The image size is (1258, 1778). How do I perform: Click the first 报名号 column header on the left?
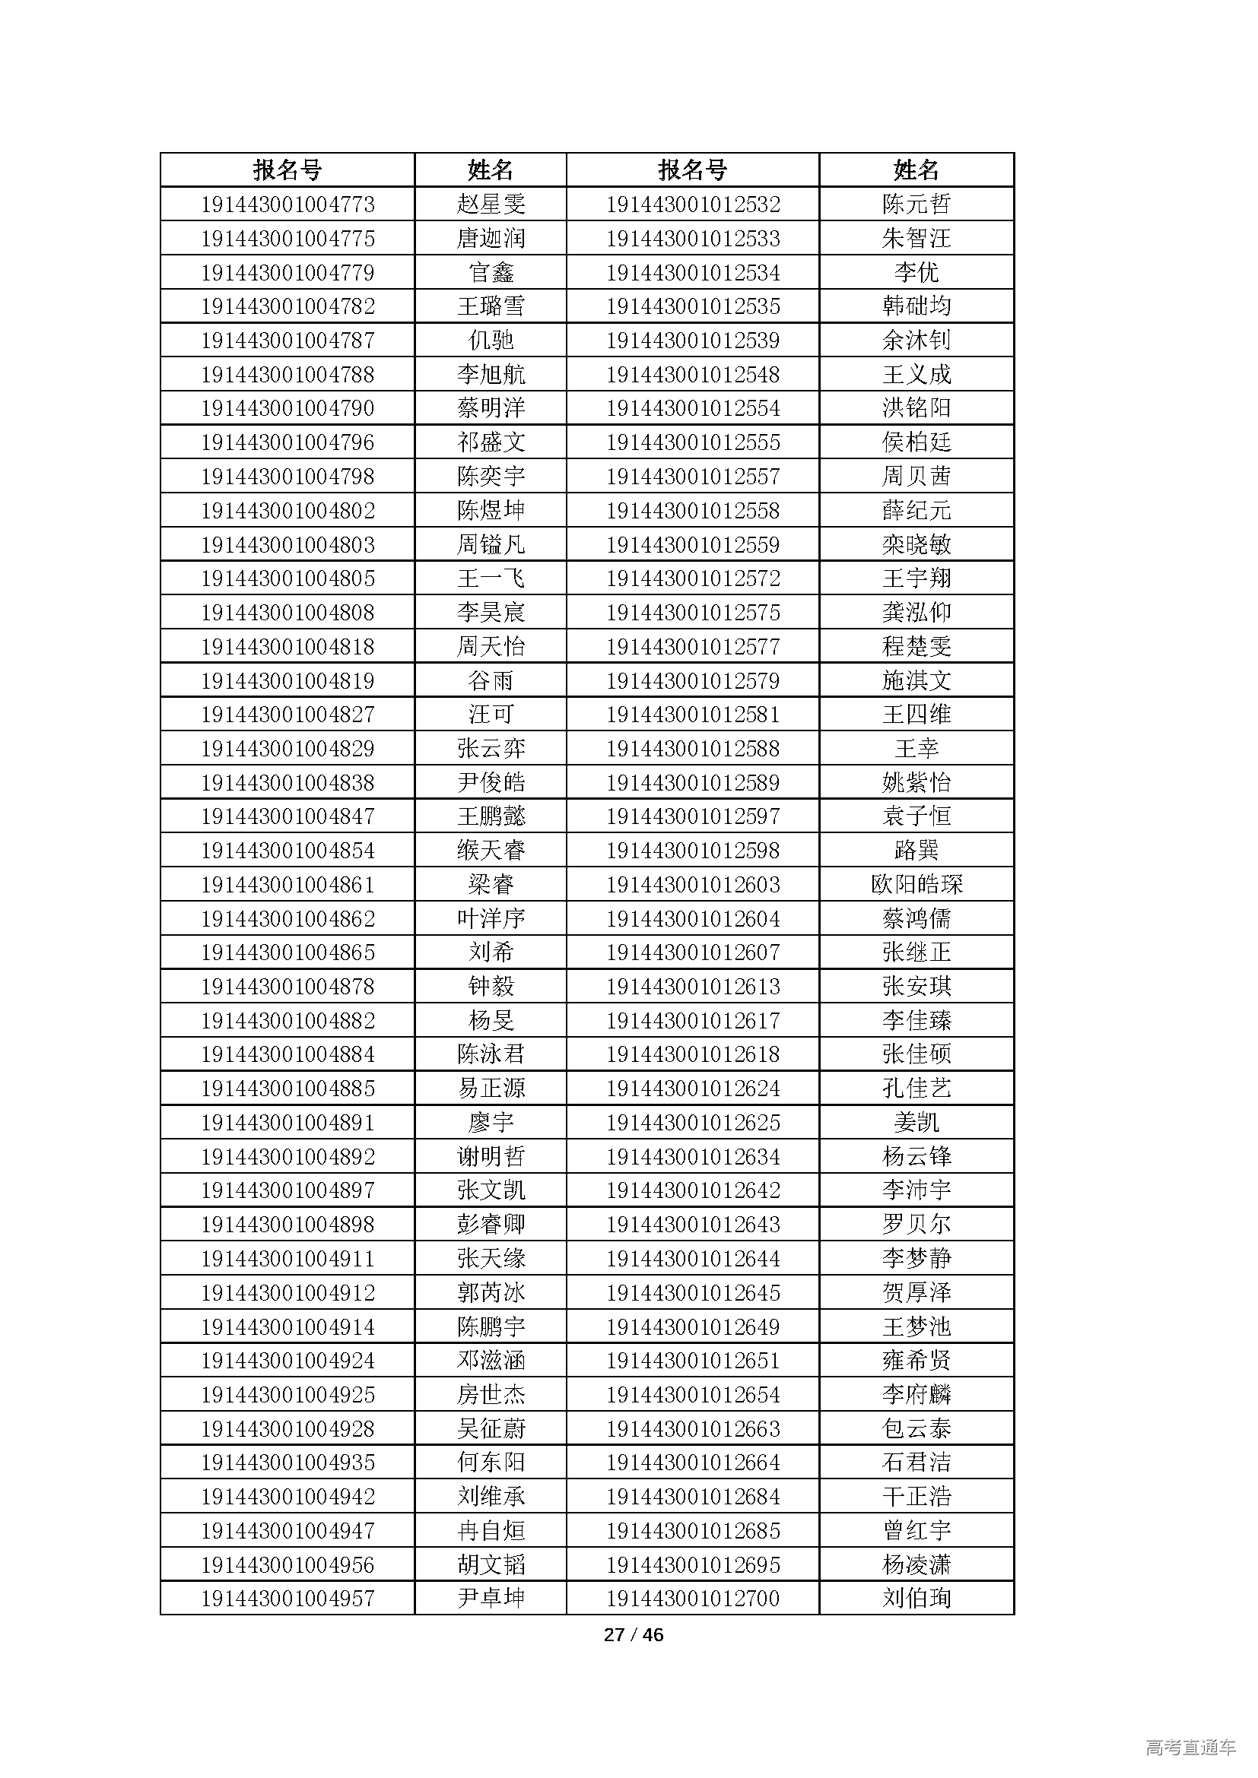pos(287,170)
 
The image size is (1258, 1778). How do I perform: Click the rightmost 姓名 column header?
pos(916,170)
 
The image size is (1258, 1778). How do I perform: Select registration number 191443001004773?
pos(287,204)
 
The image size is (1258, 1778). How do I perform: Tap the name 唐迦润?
pos(491,239)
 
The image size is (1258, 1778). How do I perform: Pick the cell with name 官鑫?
pos(491,273)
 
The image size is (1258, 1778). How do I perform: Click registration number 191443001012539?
pos(693,341)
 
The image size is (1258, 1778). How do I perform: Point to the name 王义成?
pos(916,375)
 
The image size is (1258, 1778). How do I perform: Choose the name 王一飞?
pos(491,578)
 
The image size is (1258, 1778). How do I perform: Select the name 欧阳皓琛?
pos(916,884)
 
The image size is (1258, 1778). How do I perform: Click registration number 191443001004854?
pos(287,851)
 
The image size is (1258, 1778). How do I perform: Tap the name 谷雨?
pos(491,680)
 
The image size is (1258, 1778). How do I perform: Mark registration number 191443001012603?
pos(693,884)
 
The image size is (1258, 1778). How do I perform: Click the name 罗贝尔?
pos(916,1225)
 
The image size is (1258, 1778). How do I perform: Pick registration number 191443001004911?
pos(287,1258)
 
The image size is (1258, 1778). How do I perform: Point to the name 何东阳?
pos(491,1462)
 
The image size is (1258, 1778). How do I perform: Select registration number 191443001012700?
pos(693,1599)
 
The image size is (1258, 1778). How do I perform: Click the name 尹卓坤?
pos(491,1599)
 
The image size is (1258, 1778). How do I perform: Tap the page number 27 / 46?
pos(633,1635)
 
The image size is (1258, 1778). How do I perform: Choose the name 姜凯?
pos(916,1122)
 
